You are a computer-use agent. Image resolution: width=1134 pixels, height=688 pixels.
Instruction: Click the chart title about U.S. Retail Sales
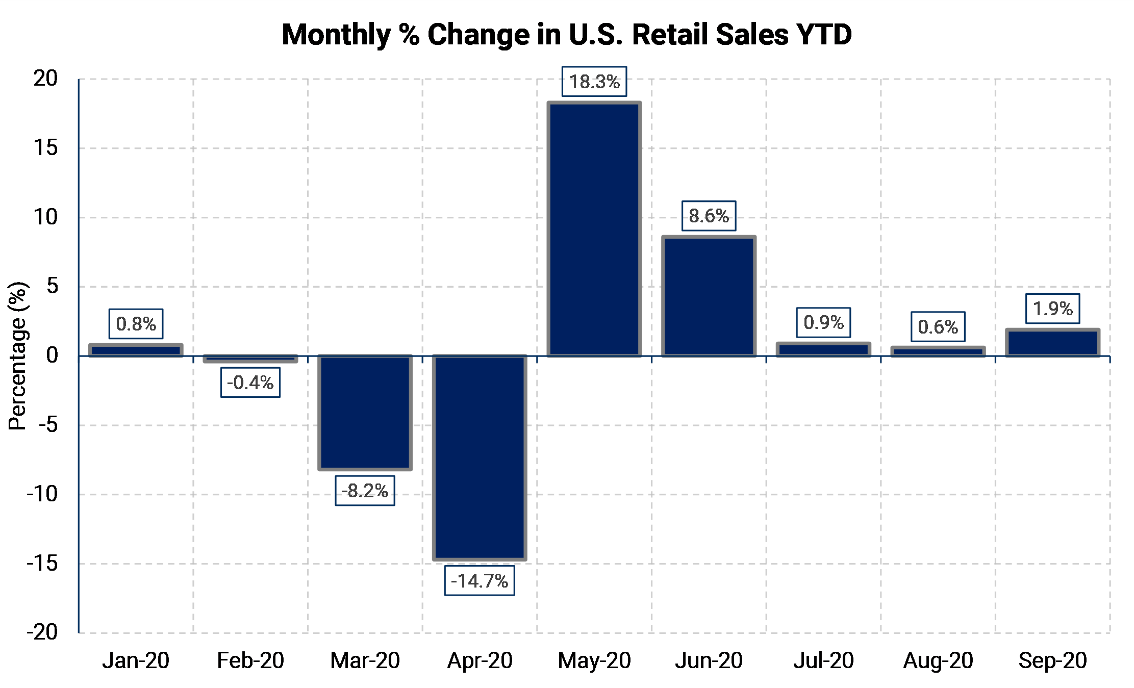(567, 35)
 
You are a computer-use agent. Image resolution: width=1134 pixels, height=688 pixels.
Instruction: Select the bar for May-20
(594, 229)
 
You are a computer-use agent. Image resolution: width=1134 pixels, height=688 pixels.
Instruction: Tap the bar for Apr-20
(480, 457)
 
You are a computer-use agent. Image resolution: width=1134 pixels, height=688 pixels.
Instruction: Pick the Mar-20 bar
(365, 412)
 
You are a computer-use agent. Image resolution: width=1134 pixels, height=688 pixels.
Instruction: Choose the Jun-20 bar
(709, 296)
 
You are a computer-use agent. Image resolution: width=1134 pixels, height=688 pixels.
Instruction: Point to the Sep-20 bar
(1052, 343)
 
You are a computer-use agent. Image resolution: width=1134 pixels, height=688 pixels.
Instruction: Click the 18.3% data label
(594, 82)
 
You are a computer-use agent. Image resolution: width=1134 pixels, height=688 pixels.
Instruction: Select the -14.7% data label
(480, 580)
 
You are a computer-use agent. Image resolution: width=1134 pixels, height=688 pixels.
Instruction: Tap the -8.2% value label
(365, 491)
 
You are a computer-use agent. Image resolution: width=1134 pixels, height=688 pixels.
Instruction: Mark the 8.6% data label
(709, 216)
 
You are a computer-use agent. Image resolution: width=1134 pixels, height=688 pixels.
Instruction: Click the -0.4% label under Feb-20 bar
(250, 383)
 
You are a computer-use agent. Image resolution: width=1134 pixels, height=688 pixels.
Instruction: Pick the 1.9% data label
(1053, 309)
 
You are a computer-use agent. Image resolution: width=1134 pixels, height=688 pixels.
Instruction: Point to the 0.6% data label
(938, 326)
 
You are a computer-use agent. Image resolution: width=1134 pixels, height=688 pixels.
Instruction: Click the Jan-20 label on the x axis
(136, 660)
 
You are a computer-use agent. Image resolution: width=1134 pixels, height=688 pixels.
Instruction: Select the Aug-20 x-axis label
(938, 660)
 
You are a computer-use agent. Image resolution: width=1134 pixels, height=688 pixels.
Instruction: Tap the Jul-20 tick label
(823, 660)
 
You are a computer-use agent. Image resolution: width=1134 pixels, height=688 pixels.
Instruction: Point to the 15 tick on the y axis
(46, 148)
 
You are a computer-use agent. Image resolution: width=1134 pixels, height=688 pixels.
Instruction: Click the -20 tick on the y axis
(42, 632)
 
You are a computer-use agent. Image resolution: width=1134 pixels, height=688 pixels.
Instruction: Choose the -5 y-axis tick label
(48, 424)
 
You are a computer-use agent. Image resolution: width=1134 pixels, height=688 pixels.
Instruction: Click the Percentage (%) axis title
(17, 355)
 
